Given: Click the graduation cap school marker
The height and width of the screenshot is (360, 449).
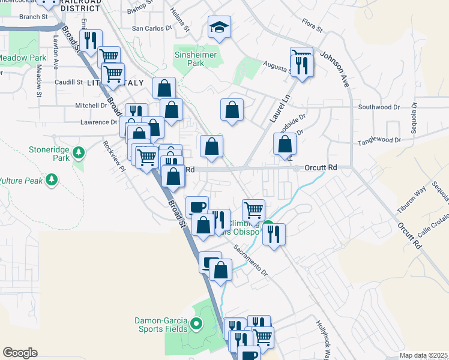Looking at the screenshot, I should point(220,27).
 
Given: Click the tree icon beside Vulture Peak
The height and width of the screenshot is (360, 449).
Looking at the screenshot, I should point(53,179).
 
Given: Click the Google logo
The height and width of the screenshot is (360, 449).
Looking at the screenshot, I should point(20,352).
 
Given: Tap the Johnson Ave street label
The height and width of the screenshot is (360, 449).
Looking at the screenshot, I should point(334,70).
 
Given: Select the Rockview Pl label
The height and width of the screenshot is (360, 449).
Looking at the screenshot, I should point(113,156).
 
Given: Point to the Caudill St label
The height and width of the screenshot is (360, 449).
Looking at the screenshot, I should point(68,82).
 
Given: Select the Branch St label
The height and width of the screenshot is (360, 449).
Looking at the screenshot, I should point(33,17).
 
